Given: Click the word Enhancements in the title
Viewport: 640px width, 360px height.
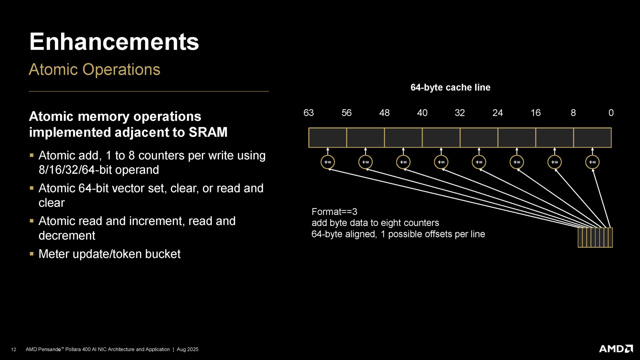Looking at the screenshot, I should click(114, 42).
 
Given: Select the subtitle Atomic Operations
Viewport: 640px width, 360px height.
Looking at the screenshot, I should click(94, 70).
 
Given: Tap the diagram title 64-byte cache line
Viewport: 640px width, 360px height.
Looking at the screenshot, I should click(450, 87).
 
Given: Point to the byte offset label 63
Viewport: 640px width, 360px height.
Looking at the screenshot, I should click(308, 113).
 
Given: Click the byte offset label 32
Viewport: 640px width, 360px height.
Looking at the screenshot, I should click(460, 113).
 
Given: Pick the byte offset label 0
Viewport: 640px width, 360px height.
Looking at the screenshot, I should click(611, 113).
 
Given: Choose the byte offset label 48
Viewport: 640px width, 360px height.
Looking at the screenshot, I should click(384, 113).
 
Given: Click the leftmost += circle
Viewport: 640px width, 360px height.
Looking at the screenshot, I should click(328, 162).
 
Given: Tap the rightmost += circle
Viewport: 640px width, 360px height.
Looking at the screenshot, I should click(592, 162).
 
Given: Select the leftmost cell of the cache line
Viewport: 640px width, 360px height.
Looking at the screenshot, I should click(328, 137).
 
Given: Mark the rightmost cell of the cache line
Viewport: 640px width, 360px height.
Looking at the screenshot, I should click(592, 137).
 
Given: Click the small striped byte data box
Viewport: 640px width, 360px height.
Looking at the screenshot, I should click(595, 237).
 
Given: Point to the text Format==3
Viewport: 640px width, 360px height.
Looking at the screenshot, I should click(334, 212).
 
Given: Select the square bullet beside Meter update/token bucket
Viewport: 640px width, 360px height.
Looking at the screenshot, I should click(32, 254).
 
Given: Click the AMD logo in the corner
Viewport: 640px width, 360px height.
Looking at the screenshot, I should click(616, 349).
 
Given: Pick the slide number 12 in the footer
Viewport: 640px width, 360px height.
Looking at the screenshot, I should click(14, 349).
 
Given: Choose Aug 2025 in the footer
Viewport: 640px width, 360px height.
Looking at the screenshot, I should click(187, 349).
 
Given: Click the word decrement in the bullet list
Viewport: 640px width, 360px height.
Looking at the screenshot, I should click(67, 236).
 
